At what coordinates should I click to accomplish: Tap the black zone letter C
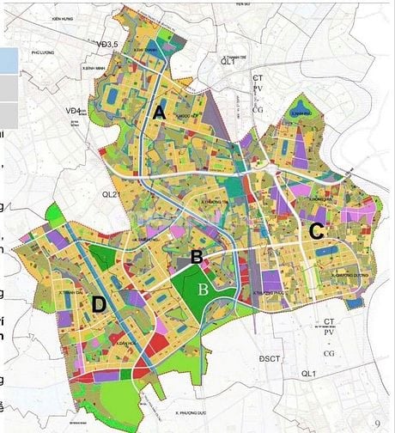[316, 230]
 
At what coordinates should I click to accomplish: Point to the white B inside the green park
[203, 289]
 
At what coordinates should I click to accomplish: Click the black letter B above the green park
[197, 256]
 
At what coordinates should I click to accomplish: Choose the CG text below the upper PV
[257, 109]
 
